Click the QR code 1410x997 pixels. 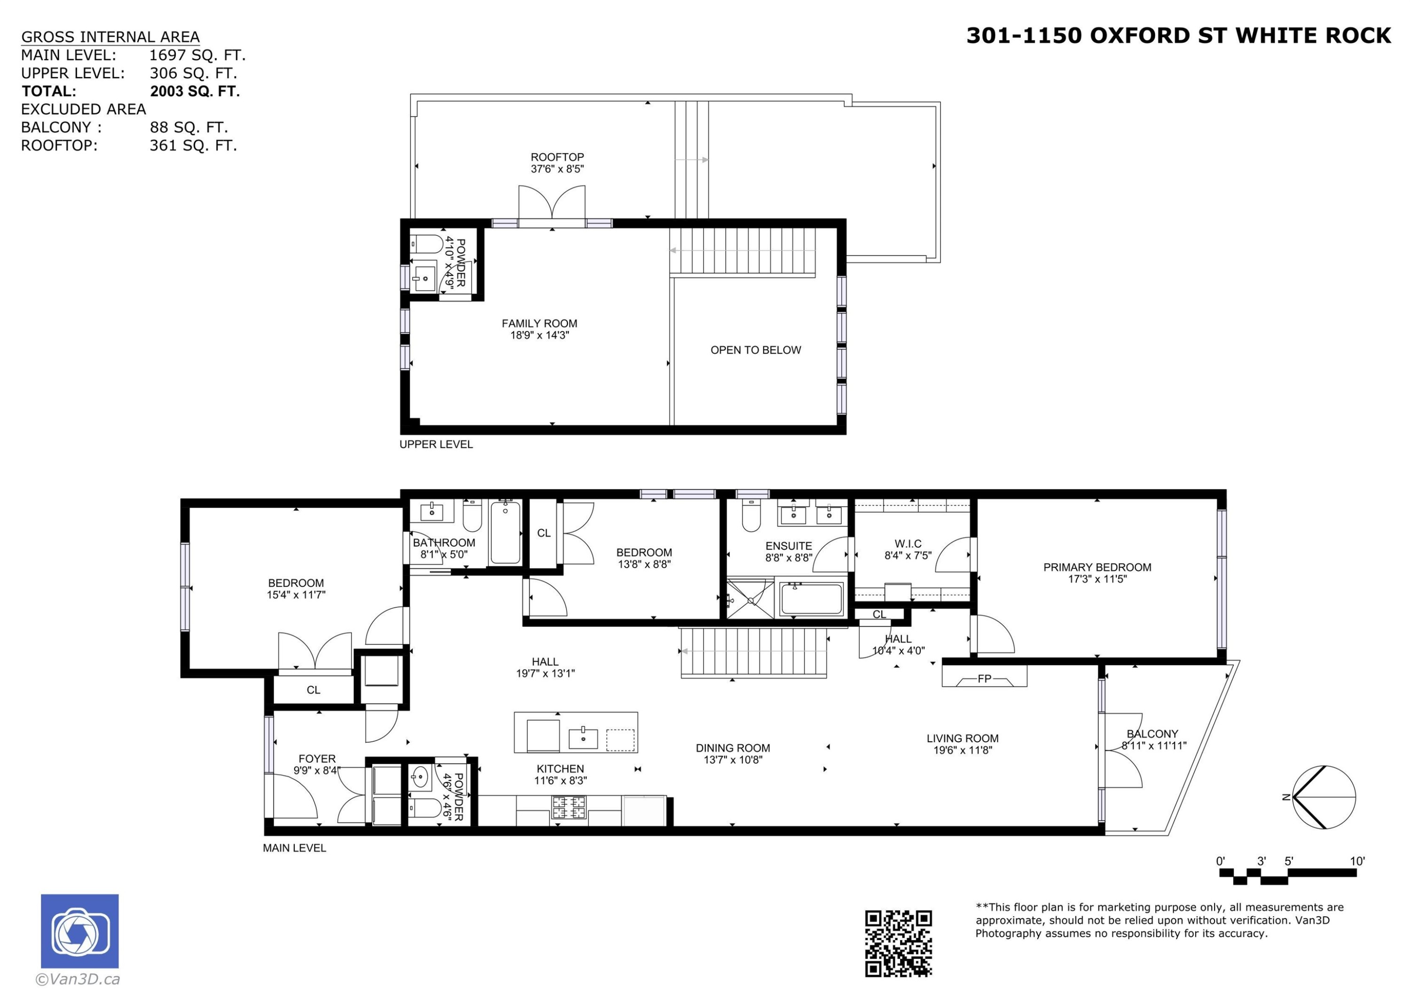[899, 943]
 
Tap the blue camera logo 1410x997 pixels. [80, 931]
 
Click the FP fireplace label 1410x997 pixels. [985, 679]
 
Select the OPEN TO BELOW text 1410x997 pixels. [755, 350]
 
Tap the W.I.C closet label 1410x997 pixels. [908, 544]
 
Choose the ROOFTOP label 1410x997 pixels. [557, 157]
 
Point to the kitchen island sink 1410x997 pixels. [583, 738]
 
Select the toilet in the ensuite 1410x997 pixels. [751, 515]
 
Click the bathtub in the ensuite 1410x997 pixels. [811, 599]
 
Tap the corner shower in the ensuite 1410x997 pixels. [750, 599]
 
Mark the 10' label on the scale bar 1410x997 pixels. [1357, 861]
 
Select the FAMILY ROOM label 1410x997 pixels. [539, 324]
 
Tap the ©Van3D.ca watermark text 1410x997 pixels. [78, 980]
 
